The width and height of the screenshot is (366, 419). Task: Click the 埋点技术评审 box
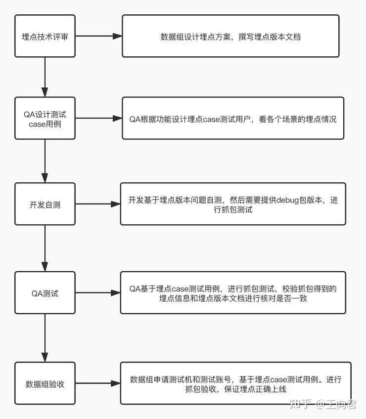[x=45, y=36]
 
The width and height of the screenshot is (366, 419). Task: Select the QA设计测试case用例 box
[x=45, y=119]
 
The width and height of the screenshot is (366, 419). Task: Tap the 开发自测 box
[x=45, y=204]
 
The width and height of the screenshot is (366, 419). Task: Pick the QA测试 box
[x=45, y=293]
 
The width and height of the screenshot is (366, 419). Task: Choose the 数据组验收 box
[x=45, y=383]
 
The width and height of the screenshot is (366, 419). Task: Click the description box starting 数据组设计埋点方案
[x=230, y=36]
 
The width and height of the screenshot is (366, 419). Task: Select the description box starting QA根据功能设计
[x=232, y=119]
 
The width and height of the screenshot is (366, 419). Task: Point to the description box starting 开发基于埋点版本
[x=232, y=204]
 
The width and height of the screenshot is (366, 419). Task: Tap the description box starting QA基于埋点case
[x=232, y=293]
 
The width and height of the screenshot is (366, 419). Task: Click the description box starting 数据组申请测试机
[x=235, y=383]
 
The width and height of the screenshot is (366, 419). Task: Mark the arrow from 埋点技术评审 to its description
[x=98, y=36]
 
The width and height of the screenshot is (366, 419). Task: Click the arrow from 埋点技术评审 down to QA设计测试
[x=45, y=77]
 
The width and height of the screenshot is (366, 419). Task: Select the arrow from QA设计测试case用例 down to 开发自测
[x=45, y=161]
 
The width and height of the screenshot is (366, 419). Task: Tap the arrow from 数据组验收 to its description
[x=97, y=383]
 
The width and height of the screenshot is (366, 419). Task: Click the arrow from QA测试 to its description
[x=97, y=293]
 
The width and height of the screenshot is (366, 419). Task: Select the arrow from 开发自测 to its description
[x=97, y=204]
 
